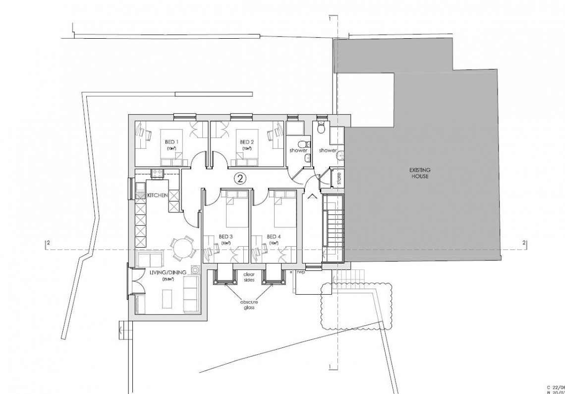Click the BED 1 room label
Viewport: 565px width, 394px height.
click(x=171, y=141)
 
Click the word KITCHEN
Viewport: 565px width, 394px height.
click(x=157, y=196)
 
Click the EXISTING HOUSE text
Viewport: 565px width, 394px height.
click(x=419, y=173)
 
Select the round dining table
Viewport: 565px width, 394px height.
click(x=182, y=248)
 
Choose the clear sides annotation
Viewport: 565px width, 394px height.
click(x=248, y=277)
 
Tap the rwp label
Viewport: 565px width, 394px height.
click(x=301, y=272)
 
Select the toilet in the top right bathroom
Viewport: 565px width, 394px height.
click(x=321, y=128)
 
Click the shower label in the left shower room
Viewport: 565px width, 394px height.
click(x=299, y=150)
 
